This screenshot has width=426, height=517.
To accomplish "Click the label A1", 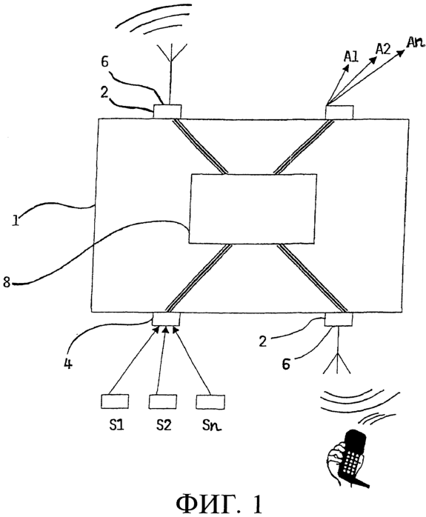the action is pos(351,56).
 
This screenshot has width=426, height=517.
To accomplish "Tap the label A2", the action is pos(383,50).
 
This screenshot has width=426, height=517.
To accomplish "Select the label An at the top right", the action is pos(415,42).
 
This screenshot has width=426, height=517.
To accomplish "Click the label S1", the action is pos(116,425).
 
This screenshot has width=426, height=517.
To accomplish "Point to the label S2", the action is pos(164,425).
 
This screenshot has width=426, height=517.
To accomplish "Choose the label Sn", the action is pos(212,425).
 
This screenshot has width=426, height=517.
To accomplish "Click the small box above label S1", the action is pos(115,401).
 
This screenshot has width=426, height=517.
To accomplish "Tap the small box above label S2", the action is pos(162,401).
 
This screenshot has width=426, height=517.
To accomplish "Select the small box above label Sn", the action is pos(210,401).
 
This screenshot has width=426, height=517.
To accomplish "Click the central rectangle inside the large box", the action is pos(253,209).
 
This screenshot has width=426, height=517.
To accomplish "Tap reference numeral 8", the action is pos(7,282).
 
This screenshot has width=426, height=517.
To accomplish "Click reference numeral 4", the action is pos(68,364).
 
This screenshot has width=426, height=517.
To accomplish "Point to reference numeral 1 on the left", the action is pos(15,220).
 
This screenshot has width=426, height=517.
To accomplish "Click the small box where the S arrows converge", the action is pos(166,318).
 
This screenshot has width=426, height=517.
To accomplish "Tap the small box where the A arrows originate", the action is pos(339,112).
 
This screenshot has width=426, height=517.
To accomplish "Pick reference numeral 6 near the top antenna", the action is pos(105,61).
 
